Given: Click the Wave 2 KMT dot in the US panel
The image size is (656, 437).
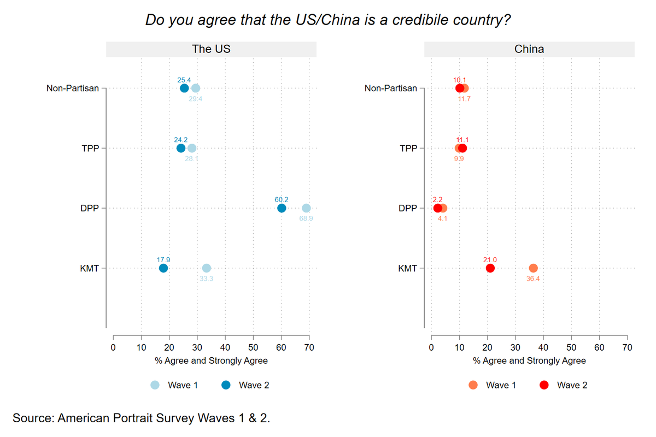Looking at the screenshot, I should [163, 268].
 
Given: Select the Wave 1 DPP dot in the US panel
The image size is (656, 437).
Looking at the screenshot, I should [306, 208].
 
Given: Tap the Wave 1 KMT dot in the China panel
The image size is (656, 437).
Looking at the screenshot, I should [534, 268].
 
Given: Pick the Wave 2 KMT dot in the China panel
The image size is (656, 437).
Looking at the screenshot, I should [490, 268].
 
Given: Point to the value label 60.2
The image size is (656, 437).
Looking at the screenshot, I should [282, 199].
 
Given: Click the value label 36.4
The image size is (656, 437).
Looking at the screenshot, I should [534, 279].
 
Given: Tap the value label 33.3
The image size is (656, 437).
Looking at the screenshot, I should [206, 279].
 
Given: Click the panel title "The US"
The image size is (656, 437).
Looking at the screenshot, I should [211, 49].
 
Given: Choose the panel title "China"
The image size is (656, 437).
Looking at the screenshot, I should [529, 49].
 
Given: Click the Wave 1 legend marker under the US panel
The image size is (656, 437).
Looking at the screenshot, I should [155, 385].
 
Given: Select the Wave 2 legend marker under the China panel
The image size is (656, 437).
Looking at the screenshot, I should [544, 385].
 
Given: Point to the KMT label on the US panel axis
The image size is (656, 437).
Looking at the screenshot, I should [89, 268].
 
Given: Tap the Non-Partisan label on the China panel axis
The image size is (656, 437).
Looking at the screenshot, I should [391, 88].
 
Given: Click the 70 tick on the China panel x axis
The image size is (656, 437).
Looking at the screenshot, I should [628, 347].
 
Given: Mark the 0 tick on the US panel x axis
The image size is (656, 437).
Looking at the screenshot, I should [113, 347].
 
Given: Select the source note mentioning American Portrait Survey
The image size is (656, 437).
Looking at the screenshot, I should [141, 418].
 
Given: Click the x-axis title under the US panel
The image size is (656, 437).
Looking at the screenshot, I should [211, 361].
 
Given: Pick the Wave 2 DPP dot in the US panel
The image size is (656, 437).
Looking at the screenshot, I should [282, 208].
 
